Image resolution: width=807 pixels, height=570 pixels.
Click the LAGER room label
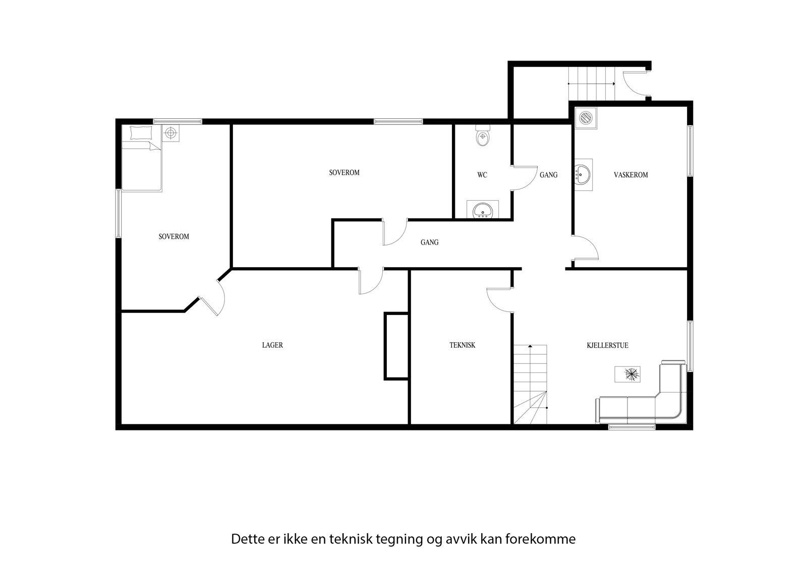tap(272, 345)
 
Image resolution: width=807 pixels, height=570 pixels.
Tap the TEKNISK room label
tap(463, 345)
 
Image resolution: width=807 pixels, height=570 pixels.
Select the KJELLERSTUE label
tap(607, 345)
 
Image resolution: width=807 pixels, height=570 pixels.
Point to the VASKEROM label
tap(630, 175)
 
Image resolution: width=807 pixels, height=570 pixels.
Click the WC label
tap(482, 175)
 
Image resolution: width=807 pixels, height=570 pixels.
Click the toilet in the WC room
tap(483, 137)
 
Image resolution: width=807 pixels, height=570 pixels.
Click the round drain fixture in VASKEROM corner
tap(586, 117)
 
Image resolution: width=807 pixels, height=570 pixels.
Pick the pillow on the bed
tap(141, 133)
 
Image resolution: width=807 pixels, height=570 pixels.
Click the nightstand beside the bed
tap(171, 133)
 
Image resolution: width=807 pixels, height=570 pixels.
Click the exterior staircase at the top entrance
tap(591, 84)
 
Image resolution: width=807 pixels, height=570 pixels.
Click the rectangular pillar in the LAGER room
tap(396, 345)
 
